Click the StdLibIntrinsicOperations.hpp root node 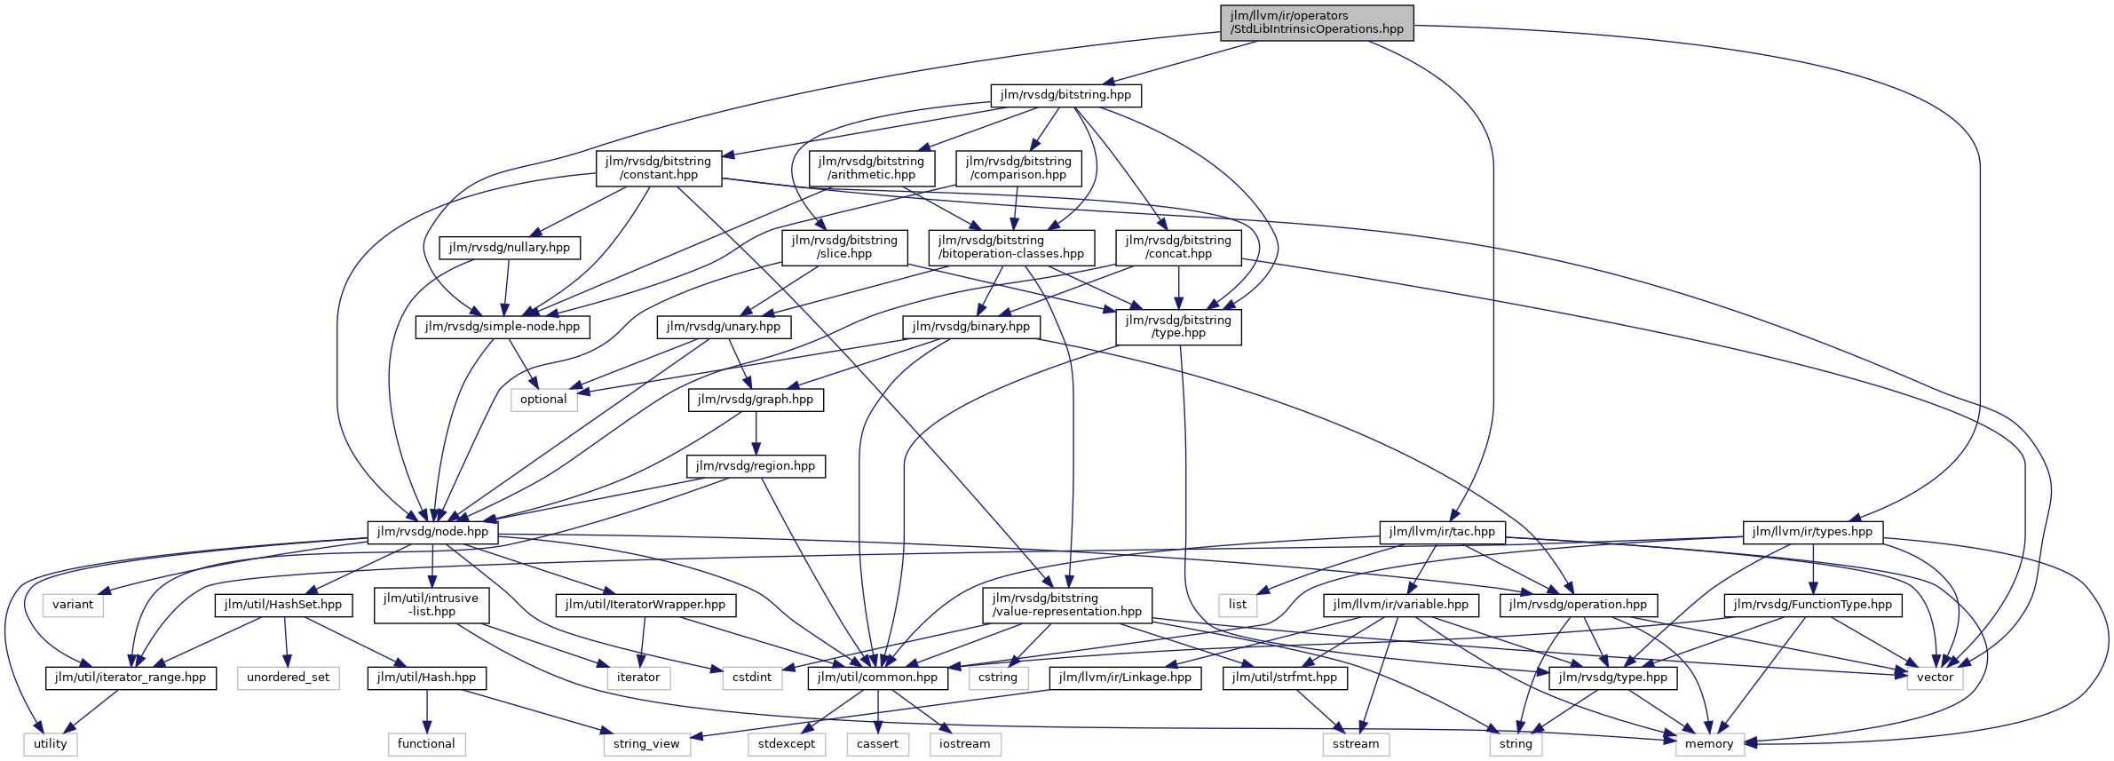point(1317,22)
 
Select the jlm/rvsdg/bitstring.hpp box point(1065,95)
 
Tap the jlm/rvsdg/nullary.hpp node point(510,248)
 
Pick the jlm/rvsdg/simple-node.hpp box point(503,327)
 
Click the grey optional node point(543,400)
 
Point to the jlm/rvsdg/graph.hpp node point(756,400)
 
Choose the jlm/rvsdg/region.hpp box point(756,466)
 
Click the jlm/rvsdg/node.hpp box point(432,532)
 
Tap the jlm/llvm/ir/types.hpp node point(1812,532)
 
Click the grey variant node point(73,605)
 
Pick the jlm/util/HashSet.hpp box point(283,605)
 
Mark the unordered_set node point(289,678)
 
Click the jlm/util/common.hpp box point(878,678)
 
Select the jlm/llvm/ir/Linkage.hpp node point(1125,678)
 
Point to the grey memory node point(1709,744)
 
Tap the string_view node point(646,744)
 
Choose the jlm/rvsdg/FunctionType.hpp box point(1813,605)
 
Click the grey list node point(1238,605)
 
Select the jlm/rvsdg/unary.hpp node point(724,327)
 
